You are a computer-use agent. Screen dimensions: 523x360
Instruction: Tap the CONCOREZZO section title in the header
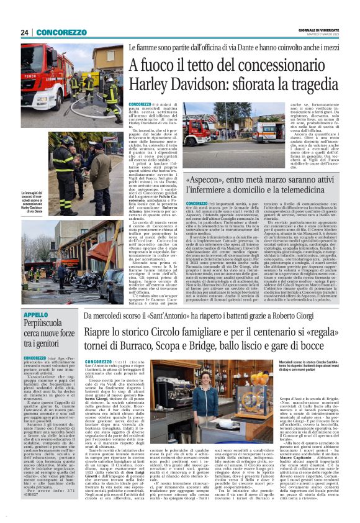tap(61, 32)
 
